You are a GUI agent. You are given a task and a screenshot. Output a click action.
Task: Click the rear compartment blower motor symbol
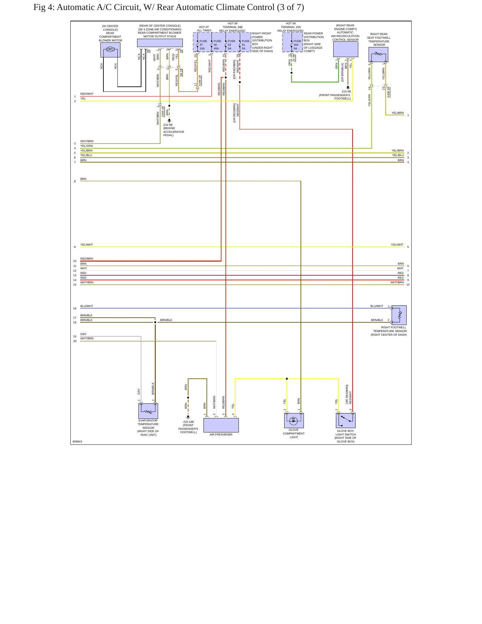(x=110, y=50)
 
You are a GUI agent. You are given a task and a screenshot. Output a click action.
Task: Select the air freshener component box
(x=221, y=425)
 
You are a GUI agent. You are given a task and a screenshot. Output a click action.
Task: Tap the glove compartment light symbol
(x=294, y=420)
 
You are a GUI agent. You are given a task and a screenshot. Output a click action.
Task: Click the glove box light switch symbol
(x=346, y=420)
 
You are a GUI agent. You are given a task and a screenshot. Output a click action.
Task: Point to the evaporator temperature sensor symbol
(x=148, y=411)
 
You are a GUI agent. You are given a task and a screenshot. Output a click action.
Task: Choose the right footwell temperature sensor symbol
(x=399, y=315)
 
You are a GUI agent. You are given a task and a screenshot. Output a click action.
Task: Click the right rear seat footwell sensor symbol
(x=378, y=55)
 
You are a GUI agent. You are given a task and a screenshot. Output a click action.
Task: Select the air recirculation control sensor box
(x=346, y=49)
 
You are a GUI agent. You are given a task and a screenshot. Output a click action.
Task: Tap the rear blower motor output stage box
(x=160, y=43)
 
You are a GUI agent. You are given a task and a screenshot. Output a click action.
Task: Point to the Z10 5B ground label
(x=168, y=125)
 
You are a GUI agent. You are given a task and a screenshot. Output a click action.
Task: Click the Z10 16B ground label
(x=189, y=422)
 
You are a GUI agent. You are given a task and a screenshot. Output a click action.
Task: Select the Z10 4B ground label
(x=346, y=91)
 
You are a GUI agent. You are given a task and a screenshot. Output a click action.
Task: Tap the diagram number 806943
(x=77, y=441)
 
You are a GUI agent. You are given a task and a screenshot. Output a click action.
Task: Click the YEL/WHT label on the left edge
(x=87, y=245)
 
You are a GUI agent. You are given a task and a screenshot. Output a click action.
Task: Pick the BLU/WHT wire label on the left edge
(x=87, y=306)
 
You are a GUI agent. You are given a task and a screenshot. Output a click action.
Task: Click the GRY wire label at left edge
(x=83, y=334)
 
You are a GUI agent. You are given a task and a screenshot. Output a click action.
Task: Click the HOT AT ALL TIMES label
(x=204, y=29)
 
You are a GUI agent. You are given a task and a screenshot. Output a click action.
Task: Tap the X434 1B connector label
(x=388, y=92)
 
